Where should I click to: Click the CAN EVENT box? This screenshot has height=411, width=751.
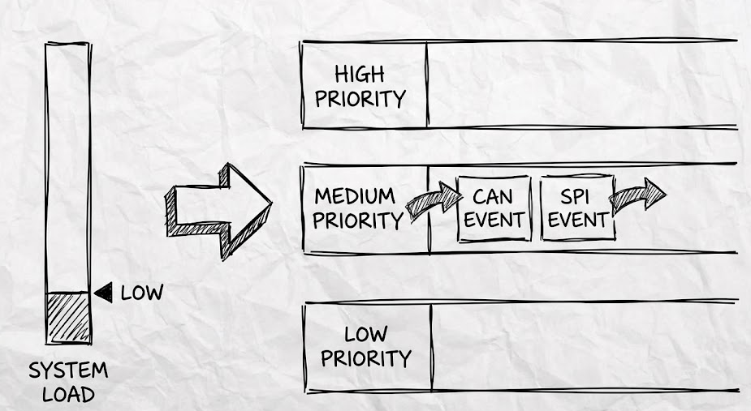pos(494,208)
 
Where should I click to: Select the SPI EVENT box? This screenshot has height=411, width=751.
pos(577,208)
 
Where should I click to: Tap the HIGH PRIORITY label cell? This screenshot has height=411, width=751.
pos(363,86)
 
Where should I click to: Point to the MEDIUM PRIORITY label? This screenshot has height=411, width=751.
pos(358,208)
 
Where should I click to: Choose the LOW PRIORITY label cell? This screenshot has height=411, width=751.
pos(366,346)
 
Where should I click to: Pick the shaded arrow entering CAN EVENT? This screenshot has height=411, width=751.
pos(433,200)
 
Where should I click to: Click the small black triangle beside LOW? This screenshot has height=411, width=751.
pos(104,293)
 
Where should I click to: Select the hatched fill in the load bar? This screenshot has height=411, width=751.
pos(67,318)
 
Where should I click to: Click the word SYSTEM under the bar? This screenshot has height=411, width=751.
pos(68,371)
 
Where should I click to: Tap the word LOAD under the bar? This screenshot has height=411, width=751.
pos(68,395)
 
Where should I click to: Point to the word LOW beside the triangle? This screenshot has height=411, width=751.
pos(141,293)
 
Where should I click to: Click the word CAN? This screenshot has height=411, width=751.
pos(494,196)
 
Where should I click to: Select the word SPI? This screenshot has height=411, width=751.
pos(577,196)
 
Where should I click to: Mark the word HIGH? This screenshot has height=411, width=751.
pos(360,75)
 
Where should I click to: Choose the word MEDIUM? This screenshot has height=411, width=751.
pos(355,196)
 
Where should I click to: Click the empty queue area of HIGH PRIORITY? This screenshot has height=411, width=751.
pos(581,85)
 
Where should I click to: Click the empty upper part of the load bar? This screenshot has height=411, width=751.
pos(67,162)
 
